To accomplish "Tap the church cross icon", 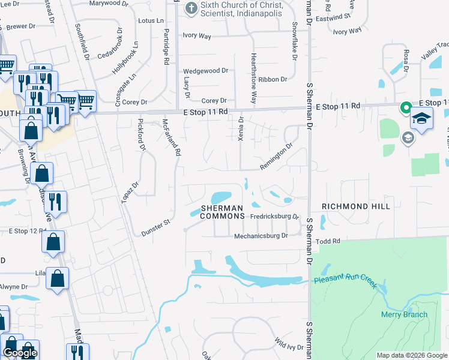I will (191, 8).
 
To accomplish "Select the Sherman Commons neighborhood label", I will (223, 212).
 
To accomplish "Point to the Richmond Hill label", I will (356, 206).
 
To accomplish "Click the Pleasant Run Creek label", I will (345, 280).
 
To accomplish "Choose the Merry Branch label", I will (405, 314).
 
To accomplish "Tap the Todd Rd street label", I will (328, 241).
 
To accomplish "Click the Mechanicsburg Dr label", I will (261, 236).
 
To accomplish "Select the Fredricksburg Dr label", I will (275, 216).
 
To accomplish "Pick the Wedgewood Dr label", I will (206, 71).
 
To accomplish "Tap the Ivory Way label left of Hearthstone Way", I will (197, 36).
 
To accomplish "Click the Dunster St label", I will (157, 227).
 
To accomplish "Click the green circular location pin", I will (406, 108).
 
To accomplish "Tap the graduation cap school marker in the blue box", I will (422, 117).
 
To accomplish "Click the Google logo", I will (20, 353).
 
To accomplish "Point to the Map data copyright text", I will (412, 355).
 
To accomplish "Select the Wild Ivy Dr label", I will (289, 344).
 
